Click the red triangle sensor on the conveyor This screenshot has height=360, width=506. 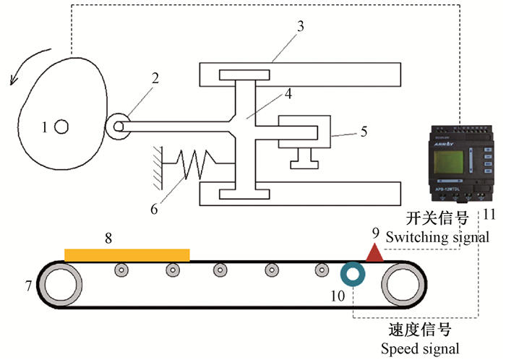click(375, 252)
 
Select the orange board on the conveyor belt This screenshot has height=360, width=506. click(127, 254)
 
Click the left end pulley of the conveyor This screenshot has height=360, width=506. click(67, 284)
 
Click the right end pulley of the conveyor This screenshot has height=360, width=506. click(409, 284)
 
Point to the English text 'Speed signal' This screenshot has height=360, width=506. click(420, 348)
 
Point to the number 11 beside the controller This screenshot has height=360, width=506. click(489, 214)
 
